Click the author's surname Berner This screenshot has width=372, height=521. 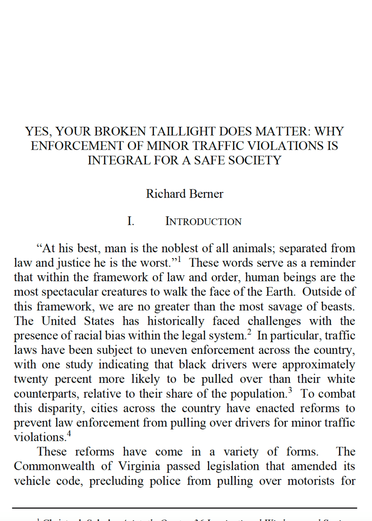pos(206,194)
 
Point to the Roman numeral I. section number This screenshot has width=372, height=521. pos(131,221)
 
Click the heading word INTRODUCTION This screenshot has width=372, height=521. pos(203,221)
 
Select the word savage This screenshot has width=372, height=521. pos(298,307)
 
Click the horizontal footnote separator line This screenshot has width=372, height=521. pos(184,508)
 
